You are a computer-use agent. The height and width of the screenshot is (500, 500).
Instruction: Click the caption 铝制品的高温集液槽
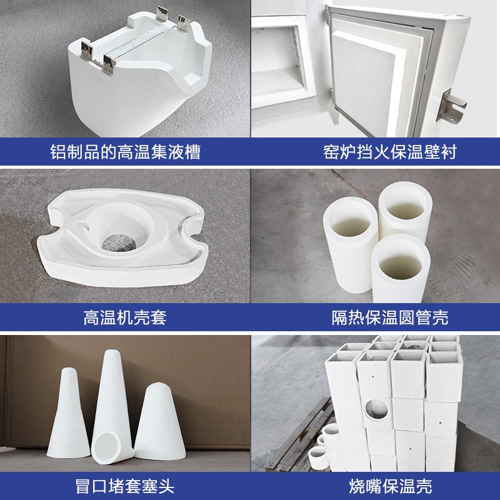[125, 152]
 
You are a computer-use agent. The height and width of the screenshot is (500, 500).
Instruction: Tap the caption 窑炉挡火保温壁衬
[375, 152]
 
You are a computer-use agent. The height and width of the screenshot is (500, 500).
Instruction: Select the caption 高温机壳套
[125, 318]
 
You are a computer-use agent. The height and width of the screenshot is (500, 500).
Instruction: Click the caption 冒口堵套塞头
[125, 484]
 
